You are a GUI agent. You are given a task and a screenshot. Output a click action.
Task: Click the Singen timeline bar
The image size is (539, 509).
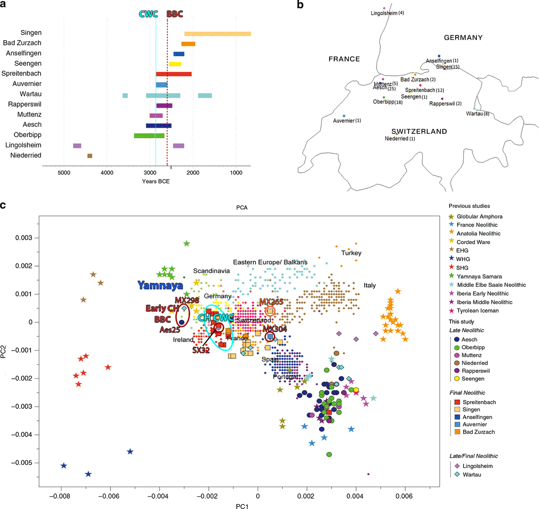217,34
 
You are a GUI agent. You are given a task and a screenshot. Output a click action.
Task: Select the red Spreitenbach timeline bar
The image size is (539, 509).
173,74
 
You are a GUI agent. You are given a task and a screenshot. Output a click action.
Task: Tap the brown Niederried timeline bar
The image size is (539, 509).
90,156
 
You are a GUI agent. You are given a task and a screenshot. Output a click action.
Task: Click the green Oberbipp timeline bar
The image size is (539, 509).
149,136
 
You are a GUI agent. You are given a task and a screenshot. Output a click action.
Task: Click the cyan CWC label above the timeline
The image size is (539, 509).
148,14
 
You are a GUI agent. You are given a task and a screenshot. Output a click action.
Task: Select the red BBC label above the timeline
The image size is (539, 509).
175,14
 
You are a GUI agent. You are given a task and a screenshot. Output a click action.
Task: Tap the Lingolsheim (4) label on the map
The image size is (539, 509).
387,13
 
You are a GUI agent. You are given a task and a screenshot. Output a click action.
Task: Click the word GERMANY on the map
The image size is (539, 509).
463,38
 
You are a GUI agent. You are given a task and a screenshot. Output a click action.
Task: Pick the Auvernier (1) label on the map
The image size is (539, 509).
347,121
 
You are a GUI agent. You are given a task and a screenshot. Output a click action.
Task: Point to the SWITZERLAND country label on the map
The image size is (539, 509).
419,132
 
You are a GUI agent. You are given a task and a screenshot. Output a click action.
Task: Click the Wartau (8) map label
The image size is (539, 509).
477,114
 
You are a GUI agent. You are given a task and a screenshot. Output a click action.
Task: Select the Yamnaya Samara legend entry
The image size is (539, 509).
479,276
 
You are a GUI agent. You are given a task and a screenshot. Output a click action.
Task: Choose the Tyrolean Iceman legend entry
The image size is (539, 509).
477,311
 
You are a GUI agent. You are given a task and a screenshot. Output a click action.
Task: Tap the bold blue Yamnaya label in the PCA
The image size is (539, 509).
160,285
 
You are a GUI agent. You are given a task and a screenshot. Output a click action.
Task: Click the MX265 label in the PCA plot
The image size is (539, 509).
271,302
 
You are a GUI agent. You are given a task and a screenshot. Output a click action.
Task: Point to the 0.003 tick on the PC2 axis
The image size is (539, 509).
24,238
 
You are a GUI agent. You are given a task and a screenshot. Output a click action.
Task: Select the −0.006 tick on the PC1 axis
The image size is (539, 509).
110,496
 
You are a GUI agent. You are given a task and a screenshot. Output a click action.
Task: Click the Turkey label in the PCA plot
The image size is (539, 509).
351,253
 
